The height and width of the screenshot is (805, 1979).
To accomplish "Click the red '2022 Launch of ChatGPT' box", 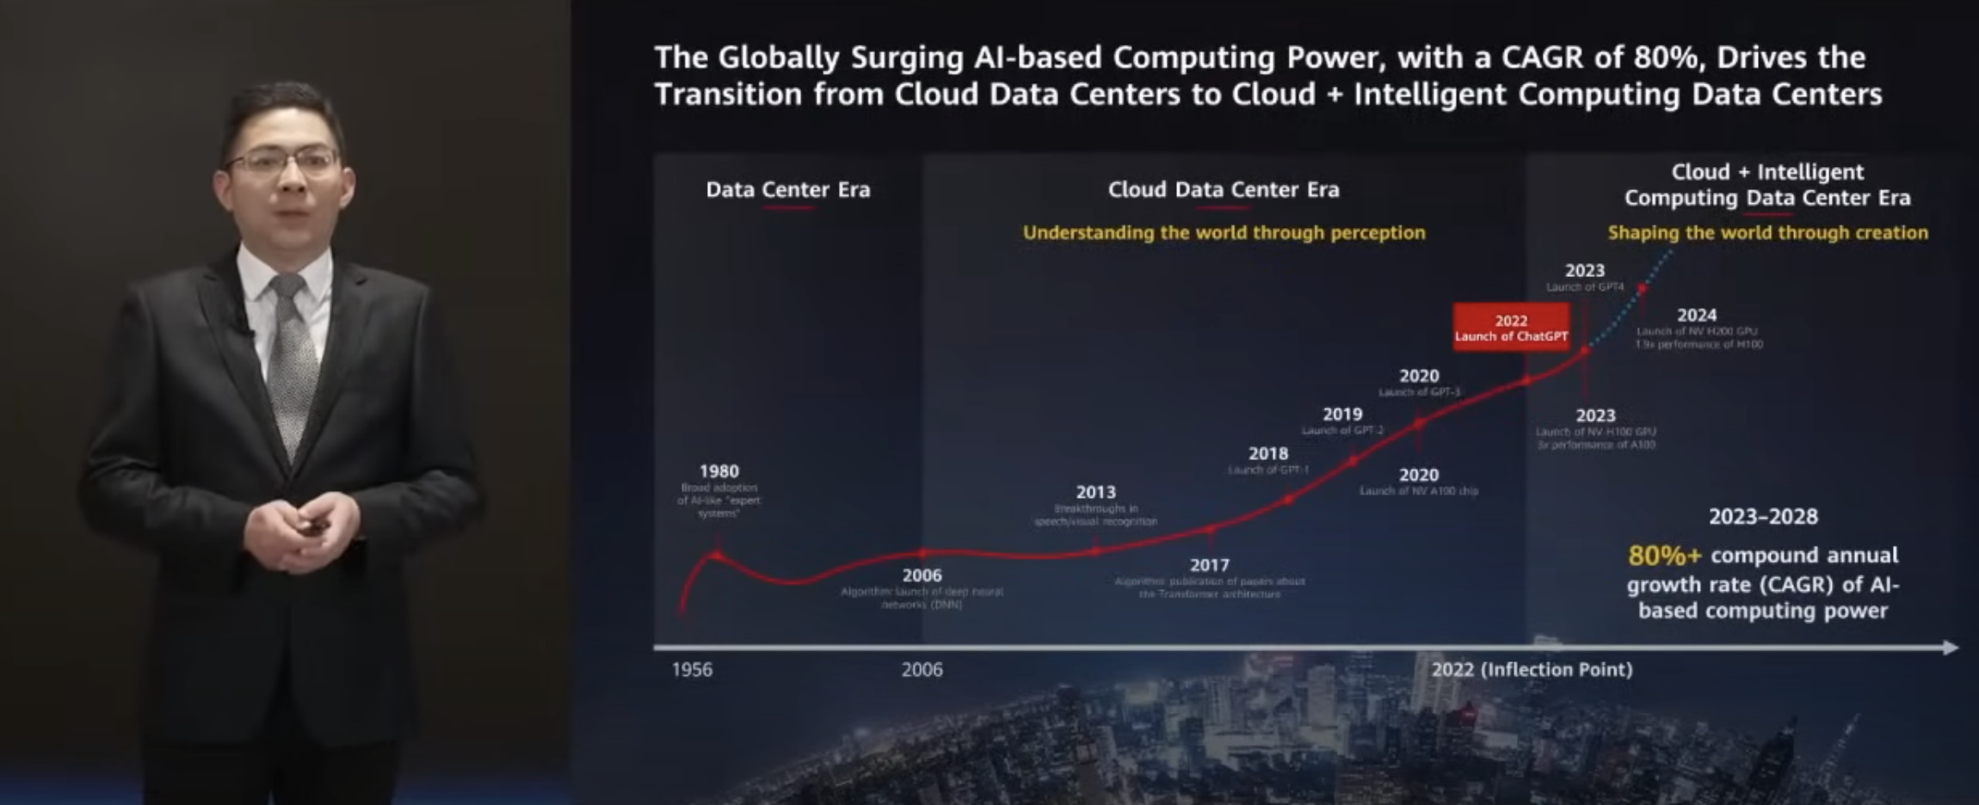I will click(1511, 328).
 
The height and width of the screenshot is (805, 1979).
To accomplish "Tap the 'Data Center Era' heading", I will click(787, 189).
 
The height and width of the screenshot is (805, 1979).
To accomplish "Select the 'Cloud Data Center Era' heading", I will click(1224, 189).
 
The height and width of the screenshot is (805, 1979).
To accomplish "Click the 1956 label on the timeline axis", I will click(692, 669).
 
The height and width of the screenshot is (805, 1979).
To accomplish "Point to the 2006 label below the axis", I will click(922, 669).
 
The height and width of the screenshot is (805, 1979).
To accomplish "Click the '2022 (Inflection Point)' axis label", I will click(1532, 669).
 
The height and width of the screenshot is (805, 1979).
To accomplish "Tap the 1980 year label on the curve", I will click(718, 471).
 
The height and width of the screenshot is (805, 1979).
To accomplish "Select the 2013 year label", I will click(1095, 492).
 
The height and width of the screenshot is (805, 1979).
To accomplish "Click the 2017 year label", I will click(1209, 565).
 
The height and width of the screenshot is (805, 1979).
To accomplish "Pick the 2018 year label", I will click(1268, 453).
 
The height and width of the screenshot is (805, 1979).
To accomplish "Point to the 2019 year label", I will click(1342, 414).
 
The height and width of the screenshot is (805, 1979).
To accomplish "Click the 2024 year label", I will click(1696, 315).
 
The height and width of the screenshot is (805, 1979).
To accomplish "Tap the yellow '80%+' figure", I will click(1664, 556).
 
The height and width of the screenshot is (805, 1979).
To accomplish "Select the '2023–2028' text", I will click(1763, 516).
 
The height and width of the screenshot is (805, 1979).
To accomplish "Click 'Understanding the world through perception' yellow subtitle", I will click(1224, 232).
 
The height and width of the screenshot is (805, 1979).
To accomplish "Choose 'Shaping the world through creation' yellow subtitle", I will click(1767, 232).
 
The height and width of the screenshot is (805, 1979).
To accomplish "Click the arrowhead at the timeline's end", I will click(1951, 648).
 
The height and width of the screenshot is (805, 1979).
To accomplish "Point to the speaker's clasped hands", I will click(301, 531).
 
